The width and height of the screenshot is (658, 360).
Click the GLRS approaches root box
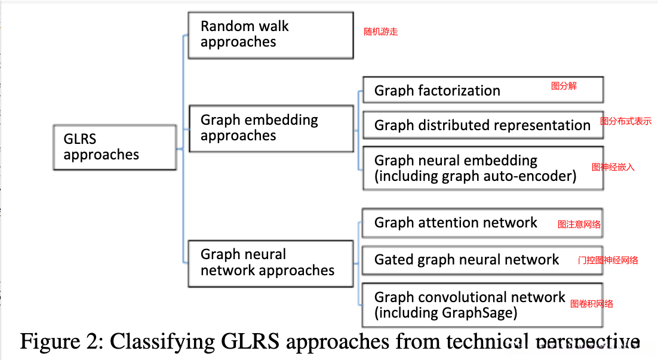pyautogui.click(x=115, y=147)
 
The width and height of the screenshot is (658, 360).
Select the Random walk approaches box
pyautogui.click(x=270, y=35)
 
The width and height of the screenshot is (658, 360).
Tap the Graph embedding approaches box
pyautogui.click(x=270, y=128)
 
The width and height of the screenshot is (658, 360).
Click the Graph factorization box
pyautogui.click(x=482, y=90)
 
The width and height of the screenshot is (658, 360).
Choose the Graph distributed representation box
pyautogui.click(x=482, y=125)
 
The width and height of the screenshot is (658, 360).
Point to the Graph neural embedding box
pyautogui.click(x=482, y=168)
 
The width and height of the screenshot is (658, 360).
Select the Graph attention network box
pyautogui.click(x=482, y=223)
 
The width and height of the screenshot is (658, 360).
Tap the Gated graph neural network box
pyautogui.click(x=482, y=260)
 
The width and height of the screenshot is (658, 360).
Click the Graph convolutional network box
pyautogui.click(x=482, y=304)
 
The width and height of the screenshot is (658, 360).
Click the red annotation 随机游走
pyautogui.click(x=381, y=32)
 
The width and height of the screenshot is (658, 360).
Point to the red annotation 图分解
pyautogui.click(x=564, y=86)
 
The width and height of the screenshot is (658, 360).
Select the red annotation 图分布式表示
pyautogui.click(x=626, y=121)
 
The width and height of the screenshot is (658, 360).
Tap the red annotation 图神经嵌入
pyautogui.click(x=613, y=167)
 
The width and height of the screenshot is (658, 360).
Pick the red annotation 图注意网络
pyautogui.click(x=579, y=224)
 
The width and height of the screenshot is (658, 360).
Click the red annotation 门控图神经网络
pyautogui.click(x=608, y=260)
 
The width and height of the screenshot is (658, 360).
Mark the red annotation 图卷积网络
pyautogui.click(x=592, y=304)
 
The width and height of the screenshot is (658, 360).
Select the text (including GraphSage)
pyautogui.click(x=445, y=312)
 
